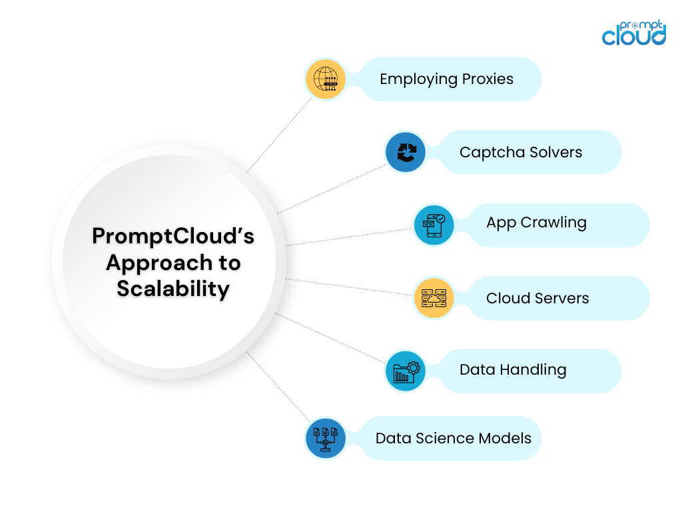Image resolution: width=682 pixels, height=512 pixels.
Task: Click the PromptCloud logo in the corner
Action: [x=633, y=33]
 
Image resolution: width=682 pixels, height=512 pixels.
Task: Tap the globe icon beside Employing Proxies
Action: [x=326, y=79]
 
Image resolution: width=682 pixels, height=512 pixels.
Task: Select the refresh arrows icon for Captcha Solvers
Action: [x=406, y=153]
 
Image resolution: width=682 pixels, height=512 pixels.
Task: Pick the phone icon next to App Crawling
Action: [x=433, y=225]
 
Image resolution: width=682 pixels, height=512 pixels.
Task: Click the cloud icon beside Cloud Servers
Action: [x=433, y=298]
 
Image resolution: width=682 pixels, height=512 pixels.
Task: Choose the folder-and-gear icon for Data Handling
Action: [x=406, y=371]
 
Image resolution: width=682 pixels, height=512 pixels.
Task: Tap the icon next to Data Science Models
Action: [x=326, y=438]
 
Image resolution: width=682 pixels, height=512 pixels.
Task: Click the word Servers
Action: [x=564, y=298]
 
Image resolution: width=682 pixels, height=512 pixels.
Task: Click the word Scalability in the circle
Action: [x=173, y=289]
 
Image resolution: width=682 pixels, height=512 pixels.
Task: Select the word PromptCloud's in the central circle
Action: [x=173, y=237]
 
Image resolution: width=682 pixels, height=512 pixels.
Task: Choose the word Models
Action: [x=508, y=438]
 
